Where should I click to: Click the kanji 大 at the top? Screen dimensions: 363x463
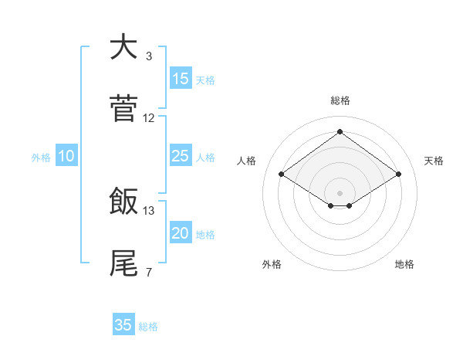(x=123, y=47)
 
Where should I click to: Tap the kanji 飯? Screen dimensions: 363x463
(x=123, y=202)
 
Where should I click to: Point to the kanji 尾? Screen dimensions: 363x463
(x=123, y=263)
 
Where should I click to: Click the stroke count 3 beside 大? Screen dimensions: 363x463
(x=149, y=56)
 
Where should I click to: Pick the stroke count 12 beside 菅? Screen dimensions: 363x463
(x=149, y=118)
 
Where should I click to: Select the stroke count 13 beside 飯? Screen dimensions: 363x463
(x=149, y=210)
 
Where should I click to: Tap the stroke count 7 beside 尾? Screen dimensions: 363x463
(x=149, y=272)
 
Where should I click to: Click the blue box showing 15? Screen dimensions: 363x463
(x=180, y=79)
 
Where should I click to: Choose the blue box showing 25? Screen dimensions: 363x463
(x=180, y=156)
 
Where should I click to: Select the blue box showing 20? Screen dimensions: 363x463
(x=180, y=233)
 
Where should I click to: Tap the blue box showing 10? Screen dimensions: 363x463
(x=66, y=156)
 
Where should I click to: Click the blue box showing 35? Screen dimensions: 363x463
(x=123, y=325)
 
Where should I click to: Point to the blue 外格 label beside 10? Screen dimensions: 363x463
(x=41, y=158)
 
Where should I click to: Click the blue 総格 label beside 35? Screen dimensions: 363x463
(x=148, y=327)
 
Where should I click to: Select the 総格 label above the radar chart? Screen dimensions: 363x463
(x=340, y=101)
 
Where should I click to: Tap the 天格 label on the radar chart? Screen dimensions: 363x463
(x=434, y=161)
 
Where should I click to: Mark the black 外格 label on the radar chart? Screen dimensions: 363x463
(x=272, y=264)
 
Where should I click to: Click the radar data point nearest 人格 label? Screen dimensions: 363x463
(x=282, y=175)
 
